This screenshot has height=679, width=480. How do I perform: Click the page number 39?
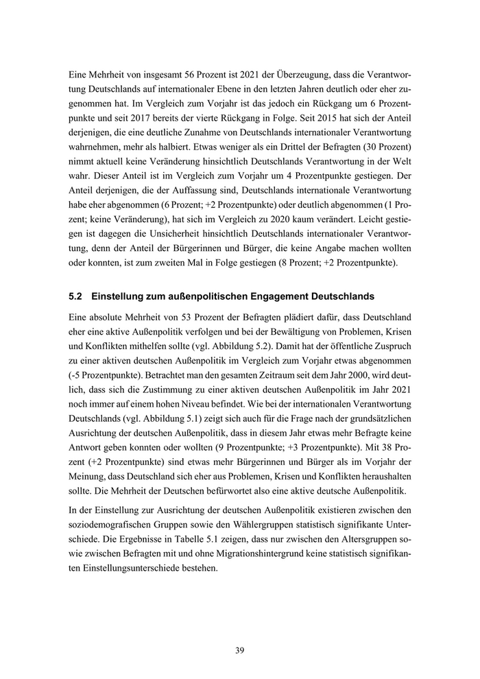(x=239, y=650)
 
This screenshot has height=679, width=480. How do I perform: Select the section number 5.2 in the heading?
(x=76, y=297)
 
